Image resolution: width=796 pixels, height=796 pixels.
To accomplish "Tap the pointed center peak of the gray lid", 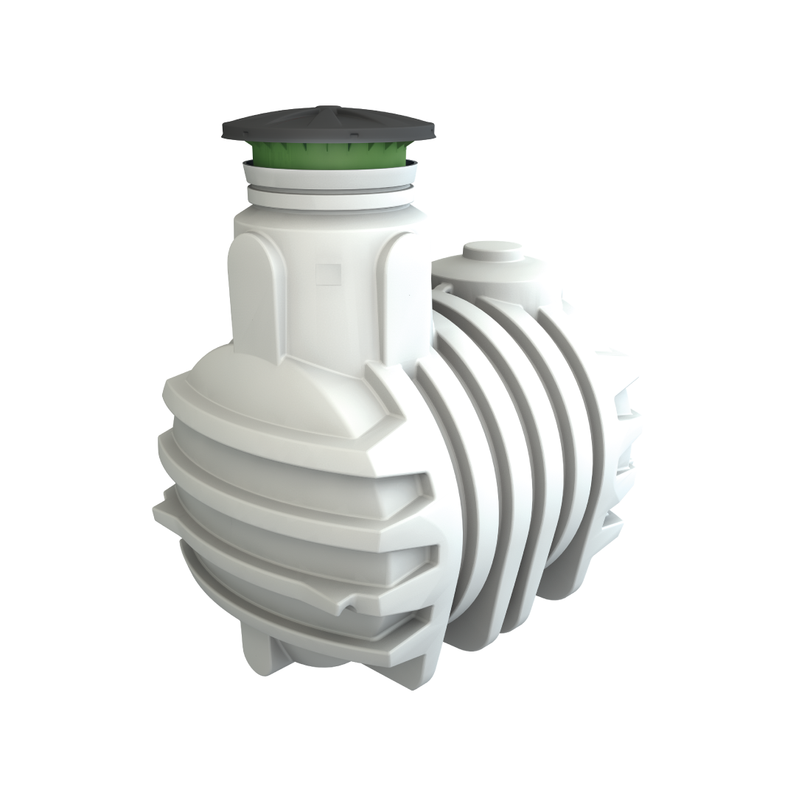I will pyautogui.click(x=329, y=108).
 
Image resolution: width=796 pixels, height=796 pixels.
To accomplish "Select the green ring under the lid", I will pyautogui.click(x=328, y=153).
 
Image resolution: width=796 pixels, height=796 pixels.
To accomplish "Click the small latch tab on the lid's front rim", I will pyautogui.click(x=352, y=136).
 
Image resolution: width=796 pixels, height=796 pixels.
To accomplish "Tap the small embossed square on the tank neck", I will pyautogui.click(x=326, y=274).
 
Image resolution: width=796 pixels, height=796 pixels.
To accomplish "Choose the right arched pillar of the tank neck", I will pyautogui.click(x=404, y=295).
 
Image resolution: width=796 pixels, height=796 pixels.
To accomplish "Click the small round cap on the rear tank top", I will pyautogui.click(x=492, y=251).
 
